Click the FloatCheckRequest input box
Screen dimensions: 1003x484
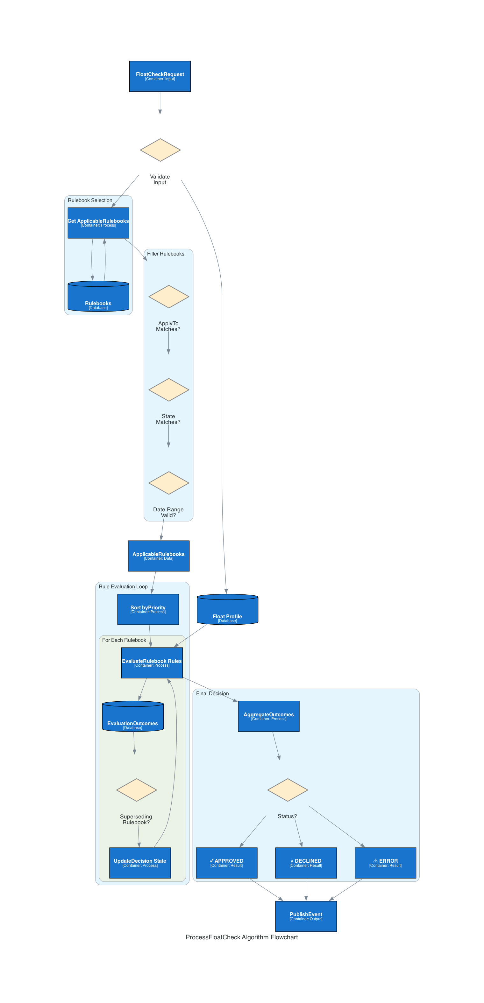[160, 76]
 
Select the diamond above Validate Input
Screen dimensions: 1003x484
[160, 150]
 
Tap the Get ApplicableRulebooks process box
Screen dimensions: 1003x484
[98, 223]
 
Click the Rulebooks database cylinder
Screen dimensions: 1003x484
[98, 297]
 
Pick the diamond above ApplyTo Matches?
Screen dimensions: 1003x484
[169, 297]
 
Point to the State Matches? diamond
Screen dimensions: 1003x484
[169, 390]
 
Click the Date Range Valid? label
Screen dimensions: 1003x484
[168, 512]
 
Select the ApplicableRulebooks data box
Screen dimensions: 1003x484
[159, 556]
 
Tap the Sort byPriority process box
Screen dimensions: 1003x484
[148, 609]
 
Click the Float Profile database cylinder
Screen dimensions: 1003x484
[227, 610]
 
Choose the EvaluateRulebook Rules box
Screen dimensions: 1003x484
[152, 663]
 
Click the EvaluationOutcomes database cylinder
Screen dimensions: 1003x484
[132, 717]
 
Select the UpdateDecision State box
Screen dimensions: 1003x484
[140, 863]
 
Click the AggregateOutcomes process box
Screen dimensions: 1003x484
[268, 716]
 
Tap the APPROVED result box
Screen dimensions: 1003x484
[226, 863]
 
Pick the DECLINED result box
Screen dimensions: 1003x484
[306, 863]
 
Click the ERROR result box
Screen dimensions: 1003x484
[385, 863]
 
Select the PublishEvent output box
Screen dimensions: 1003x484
[306, 916]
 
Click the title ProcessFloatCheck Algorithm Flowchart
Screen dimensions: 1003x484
[242, 937]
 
